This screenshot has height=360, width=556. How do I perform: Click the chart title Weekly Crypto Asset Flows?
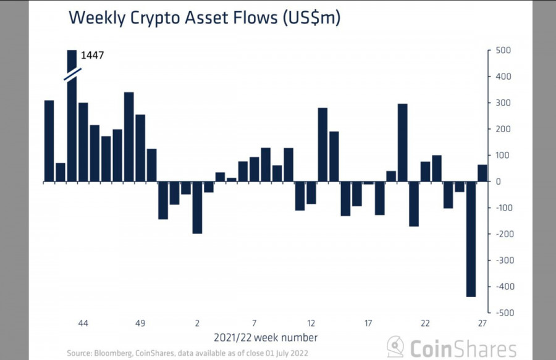tap(204, 18)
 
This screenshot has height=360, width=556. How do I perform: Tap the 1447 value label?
tap(92, 56)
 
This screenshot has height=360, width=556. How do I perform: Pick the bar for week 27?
tap(482, 173)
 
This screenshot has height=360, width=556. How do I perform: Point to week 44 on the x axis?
tap(83, 324)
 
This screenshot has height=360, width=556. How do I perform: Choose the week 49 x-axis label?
tap(140, 324)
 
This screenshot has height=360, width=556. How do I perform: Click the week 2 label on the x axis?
tap(197, 324)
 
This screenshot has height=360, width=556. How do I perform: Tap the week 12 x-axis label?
tap(311, 324)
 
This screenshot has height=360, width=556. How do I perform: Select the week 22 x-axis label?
tap(425, 324)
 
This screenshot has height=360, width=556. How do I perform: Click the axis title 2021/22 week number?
tap(266, 338)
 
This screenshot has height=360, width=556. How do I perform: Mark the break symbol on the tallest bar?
tap(72, 72)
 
